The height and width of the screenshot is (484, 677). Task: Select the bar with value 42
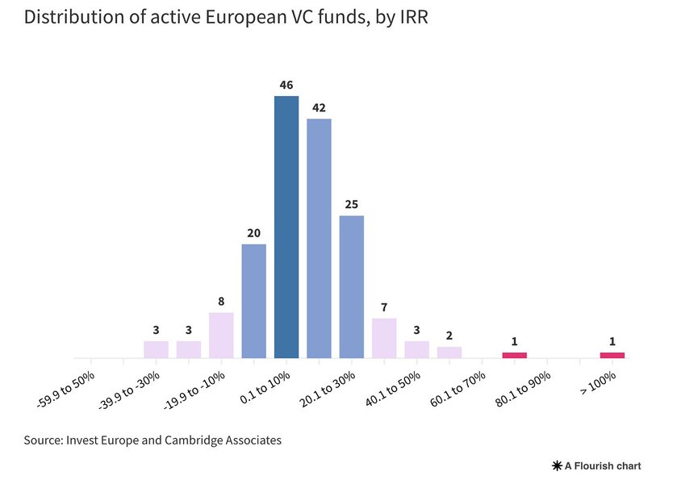[x=319, y=239]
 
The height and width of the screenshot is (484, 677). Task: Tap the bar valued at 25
[x=352, y=286]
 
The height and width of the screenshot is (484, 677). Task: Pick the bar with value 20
[x=254, y=301]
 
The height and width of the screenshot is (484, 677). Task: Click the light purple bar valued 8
[x=221, y=336]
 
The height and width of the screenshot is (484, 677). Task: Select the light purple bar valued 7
[x=384, y=338]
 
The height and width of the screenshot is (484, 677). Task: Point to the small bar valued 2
[x=449, y=353]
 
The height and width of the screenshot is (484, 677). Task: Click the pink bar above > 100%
[x=612, y=355]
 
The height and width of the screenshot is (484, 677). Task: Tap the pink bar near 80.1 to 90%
[x=514, y=355]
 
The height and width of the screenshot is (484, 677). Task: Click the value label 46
[x=286, y=84]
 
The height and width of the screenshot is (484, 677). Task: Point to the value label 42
[x=319, y=106]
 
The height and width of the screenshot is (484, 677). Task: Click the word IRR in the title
[x=411, y=17]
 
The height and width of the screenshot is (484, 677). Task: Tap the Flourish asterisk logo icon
[x=557, y=466]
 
